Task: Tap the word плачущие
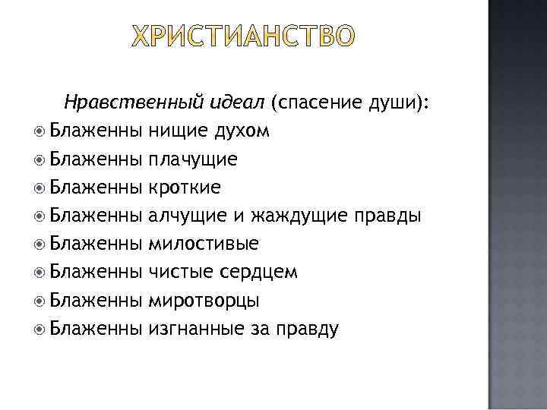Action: click(193, 159)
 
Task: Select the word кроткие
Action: click(185, 187)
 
